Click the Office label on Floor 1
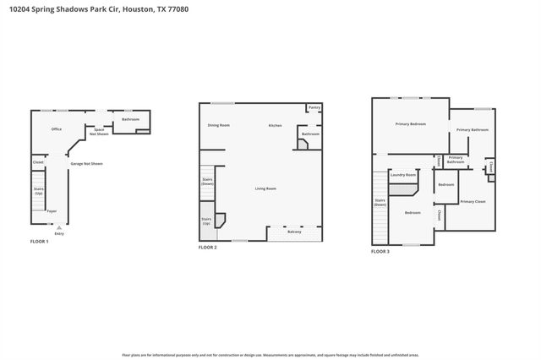coord(57,129)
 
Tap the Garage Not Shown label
coord(86,163)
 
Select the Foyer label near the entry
coord(52,211)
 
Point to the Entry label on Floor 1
coord(59,233)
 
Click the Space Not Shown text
coord(101,132)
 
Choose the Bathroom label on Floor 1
coord(130,119)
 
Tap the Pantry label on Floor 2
coord(314,107)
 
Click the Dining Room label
coord(219,125)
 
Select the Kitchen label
coord(276,125)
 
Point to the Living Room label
coord(266,188)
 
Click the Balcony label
coord(294,232)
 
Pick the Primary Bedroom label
coord(410,124)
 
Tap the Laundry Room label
coord(403,175)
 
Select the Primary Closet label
coord(473,201)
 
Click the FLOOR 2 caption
coord(208,248)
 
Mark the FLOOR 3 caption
coord(380,251)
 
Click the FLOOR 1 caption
coord(40,243)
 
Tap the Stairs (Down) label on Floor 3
coord(380,202)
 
